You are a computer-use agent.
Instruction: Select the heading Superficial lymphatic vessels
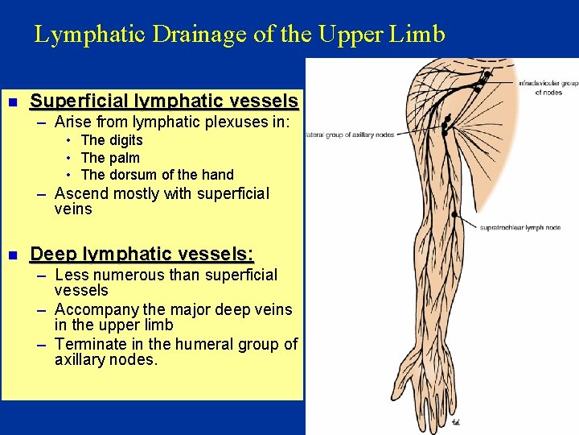point(163,101)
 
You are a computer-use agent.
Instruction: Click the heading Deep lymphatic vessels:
point(142,255)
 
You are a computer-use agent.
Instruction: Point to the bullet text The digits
point(112,140)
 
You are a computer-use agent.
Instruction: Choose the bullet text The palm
point(110,158)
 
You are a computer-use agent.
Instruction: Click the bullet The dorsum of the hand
point(157,175)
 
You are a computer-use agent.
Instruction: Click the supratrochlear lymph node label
point(520,228)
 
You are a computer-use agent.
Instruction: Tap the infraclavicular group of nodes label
point(548,87)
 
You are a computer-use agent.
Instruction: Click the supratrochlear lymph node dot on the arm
point(455,214)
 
